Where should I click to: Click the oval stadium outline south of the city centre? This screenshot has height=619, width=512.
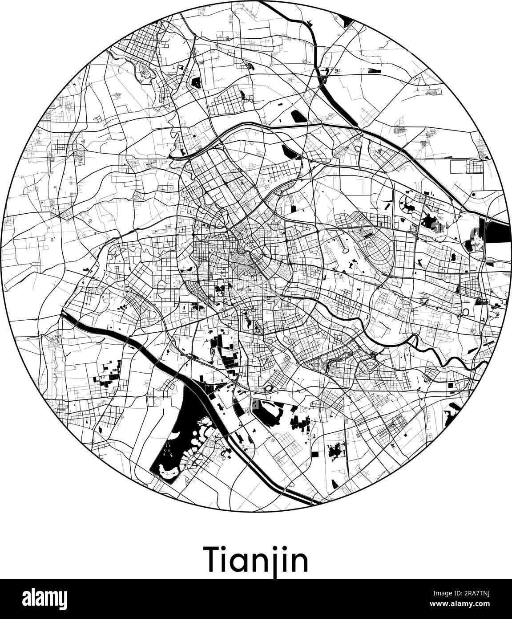click(x=269, y=389)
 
